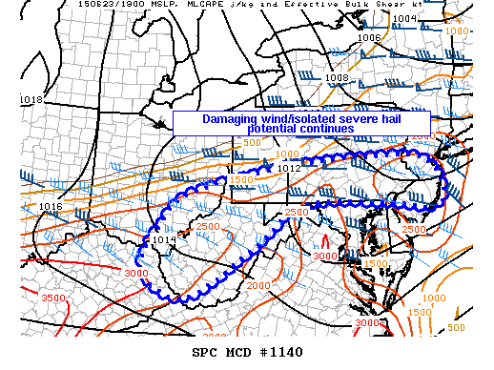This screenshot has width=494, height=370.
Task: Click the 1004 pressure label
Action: (x=405, y=18)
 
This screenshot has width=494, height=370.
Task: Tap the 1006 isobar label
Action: (x=369, y=38)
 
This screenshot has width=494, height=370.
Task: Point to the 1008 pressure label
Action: (x=337, y=77)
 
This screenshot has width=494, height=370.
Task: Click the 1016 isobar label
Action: (x=51, y=207)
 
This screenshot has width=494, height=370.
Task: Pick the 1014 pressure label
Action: (x=164, y=240)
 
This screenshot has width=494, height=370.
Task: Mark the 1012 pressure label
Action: (x=290, y=168)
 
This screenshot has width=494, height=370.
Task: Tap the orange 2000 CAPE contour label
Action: (x=257, y=285)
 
